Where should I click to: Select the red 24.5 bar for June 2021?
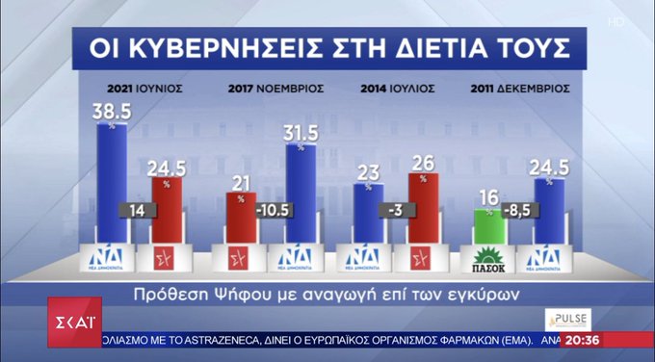point(166,207)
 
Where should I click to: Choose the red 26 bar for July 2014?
point(423,207)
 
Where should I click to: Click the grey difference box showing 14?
point(136,211)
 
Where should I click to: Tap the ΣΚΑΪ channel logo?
point(75,321)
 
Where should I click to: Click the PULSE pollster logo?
point(567,320)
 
